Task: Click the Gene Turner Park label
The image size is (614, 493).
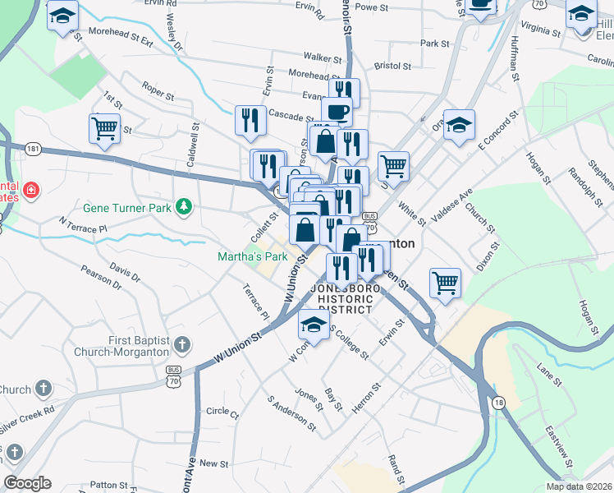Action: point(127,208)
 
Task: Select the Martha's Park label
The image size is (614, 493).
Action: point(253,256)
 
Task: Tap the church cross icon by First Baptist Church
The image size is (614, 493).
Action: point(182,344)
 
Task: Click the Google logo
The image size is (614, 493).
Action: point(27,483)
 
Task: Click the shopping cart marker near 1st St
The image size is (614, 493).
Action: point(105,128)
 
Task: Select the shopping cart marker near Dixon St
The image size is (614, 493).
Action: point(445,283)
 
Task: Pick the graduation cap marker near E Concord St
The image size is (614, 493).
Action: point(460,125)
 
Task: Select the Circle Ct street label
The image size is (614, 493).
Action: point(222,412)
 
